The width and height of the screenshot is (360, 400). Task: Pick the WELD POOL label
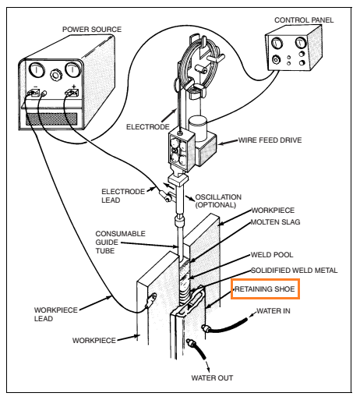pyautogui.click(x=271, y=255)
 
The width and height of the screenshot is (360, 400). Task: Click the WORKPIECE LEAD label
pyautogui.click(x=55, y=313)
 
